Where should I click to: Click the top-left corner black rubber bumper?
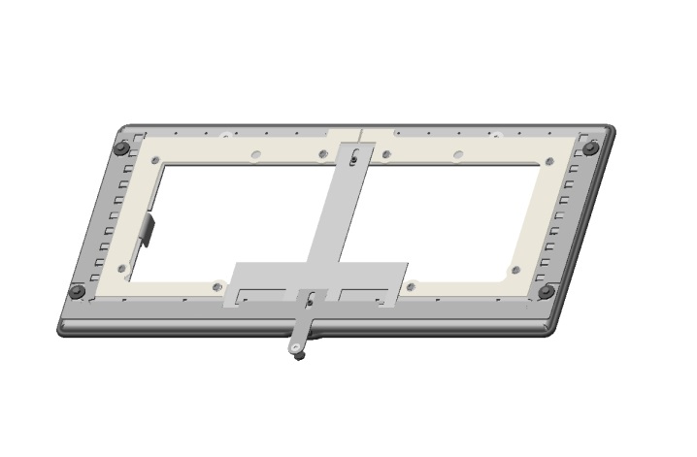(x=121, y=148)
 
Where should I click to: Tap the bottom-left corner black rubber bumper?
(x=77, y=291)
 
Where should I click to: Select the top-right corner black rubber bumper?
(x=590, y=148)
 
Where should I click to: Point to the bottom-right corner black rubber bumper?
(x=547, y=291)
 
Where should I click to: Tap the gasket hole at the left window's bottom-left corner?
(x=121, y=269)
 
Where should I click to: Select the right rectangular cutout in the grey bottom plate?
(x=366, y=293)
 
